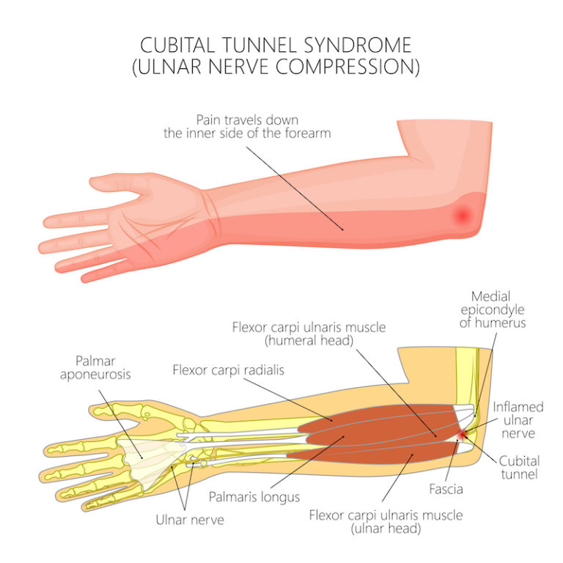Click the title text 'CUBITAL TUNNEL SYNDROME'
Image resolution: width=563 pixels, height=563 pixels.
(x=281, y=45)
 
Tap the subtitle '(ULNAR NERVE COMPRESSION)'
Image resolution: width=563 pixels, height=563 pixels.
(x=281, y=67)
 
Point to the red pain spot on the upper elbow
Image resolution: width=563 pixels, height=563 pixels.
(x=463, y=215)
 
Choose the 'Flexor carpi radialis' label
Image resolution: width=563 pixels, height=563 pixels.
(x=228, y=369)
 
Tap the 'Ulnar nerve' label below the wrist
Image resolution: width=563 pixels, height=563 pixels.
(x=189, y=520)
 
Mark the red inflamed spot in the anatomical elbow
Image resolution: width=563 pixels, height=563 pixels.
(x=460, y=438)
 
